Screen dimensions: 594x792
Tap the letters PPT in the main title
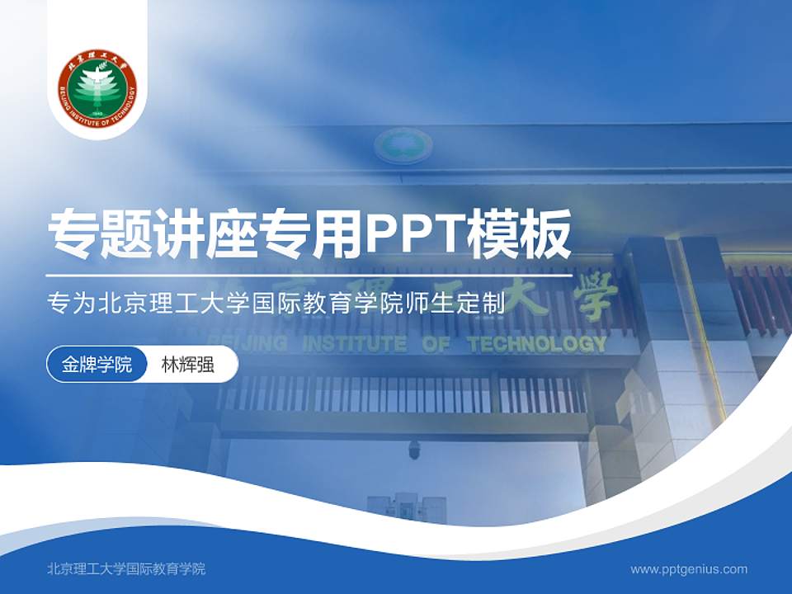tap(413, 233)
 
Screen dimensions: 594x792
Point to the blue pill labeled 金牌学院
tap(97, 365)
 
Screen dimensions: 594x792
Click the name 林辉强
tap(187, 365)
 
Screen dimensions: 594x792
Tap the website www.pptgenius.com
tap(689, 568)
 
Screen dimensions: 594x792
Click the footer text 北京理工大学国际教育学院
tap(127, 568)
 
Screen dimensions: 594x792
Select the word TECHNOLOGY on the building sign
tap(537, 344)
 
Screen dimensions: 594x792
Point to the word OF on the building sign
tap(437, 344)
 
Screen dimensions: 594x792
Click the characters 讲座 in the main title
tap(206, 233)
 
